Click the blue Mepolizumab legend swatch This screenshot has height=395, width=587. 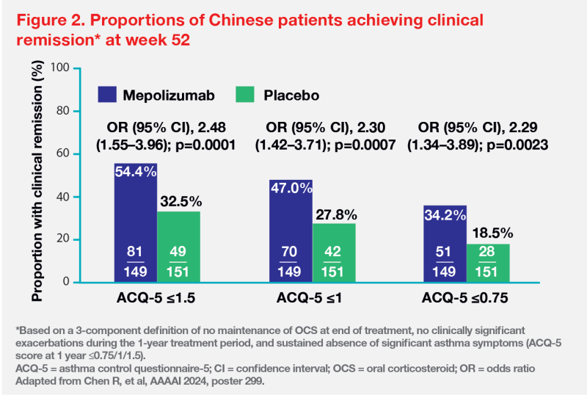107,95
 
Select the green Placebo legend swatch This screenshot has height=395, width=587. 244,95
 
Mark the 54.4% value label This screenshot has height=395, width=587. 135,170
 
